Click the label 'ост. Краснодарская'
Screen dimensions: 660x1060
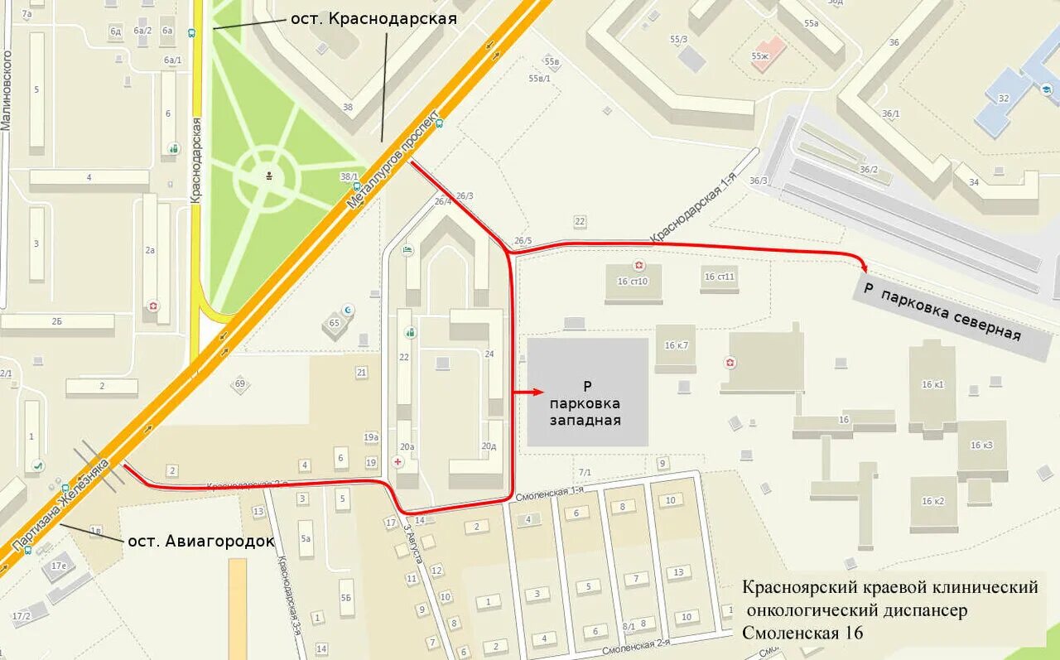tap(373, 18)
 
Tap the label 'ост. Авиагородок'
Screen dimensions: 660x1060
tap(200, 541)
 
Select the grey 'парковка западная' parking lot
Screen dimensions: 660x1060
tap(587, 392)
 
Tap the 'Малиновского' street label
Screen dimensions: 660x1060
tap(7, 90)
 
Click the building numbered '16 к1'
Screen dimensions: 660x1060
tap(932, 384)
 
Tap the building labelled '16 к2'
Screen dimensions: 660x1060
tap(932, 501)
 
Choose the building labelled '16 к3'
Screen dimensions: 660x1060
tap(981, 446)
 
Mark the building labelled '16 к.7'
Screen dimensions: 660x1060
tap(676, 345)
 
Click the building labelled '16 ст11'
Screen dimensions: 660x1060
tap(719, 277)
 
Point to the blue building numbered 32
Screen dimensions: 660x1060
tap(1004, 99)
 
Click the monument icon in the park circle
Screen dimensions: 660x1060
tap(268, 176)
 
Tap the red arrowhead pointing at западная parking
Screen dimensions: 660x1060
tap(538, 392)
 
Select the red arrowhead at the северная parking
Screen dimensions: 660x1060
tap(864, 266)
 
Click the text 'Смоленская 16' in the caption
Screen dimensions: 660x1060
tap(802, 633)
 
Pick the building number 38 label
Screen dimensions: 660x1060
tap(347, 107)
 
